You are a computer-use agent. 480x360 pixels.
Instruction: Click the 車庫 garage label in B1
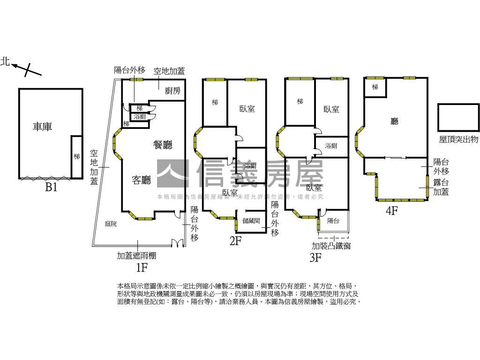click(x=42, y=127)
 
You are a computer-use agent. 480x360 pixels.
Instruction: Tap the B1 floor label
click(x=51, y=187)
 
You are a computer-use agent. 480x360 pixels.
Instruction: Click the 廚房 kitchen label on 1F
click(x=172, y=91)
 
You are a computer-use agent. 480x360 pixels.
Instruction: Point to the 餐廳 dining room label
click(x=163, y=145)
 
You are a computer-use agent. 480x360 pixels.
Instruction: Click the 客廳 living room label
click(x=142, y=180)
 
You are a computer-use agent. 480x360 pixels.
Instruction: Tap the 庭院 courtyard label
click(x=111, y=224)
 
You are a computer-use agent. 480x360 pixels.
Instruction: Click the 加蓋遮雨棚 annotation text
click(x=136, y=255)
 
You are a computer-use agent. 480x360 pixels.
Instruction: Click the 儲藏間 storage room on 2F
click(x=251, y=220)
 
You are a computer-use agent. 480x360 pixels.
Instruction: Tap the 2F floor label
click(x=235, y=241)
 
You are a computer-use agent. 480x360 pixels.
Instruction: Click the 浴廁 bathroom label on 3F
click(x=331, y=146)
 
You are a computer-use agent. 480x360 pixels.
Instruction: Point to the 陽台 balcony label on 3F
click(x=333, y=220)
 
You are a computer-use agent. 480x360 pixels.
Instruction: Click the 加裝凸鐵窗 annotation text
click(x=331, y=246)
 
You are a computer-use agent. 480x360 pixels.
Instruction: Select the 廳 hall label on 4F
click(x=395, y=121)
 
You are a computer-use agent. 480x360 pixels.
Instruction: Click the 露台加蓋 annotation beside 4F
click(x=441, y=187)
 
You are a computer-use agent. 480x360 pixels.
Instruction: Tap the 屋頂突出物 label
click(x=458, y=139)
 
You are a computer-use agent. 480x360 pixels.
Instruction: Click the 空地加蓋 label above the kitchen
click(x=169, y=71)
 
